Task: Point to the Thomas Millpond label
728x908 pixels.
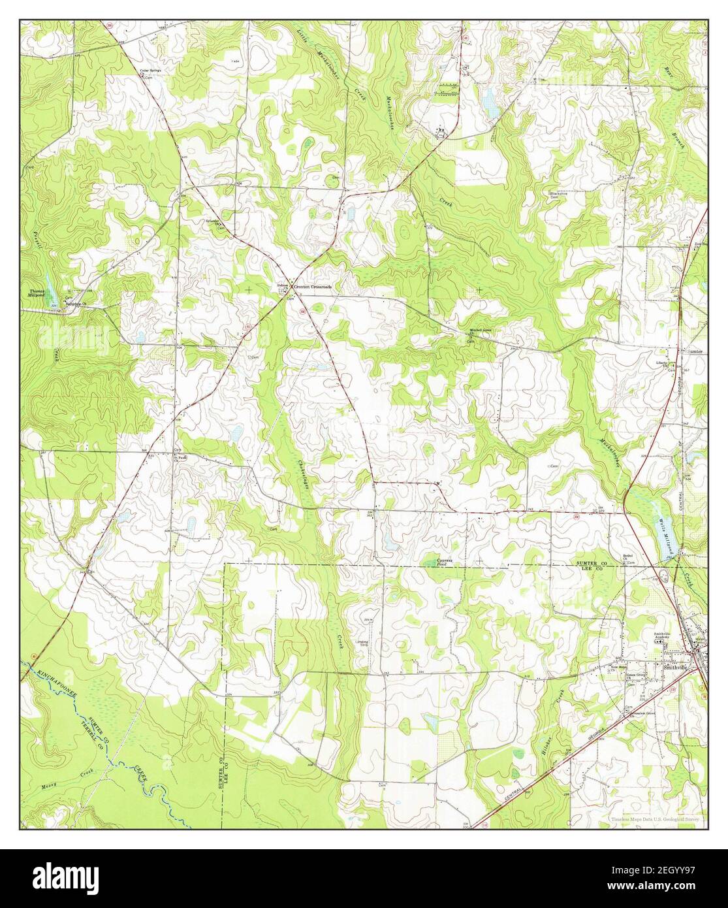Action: point(38,293)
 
